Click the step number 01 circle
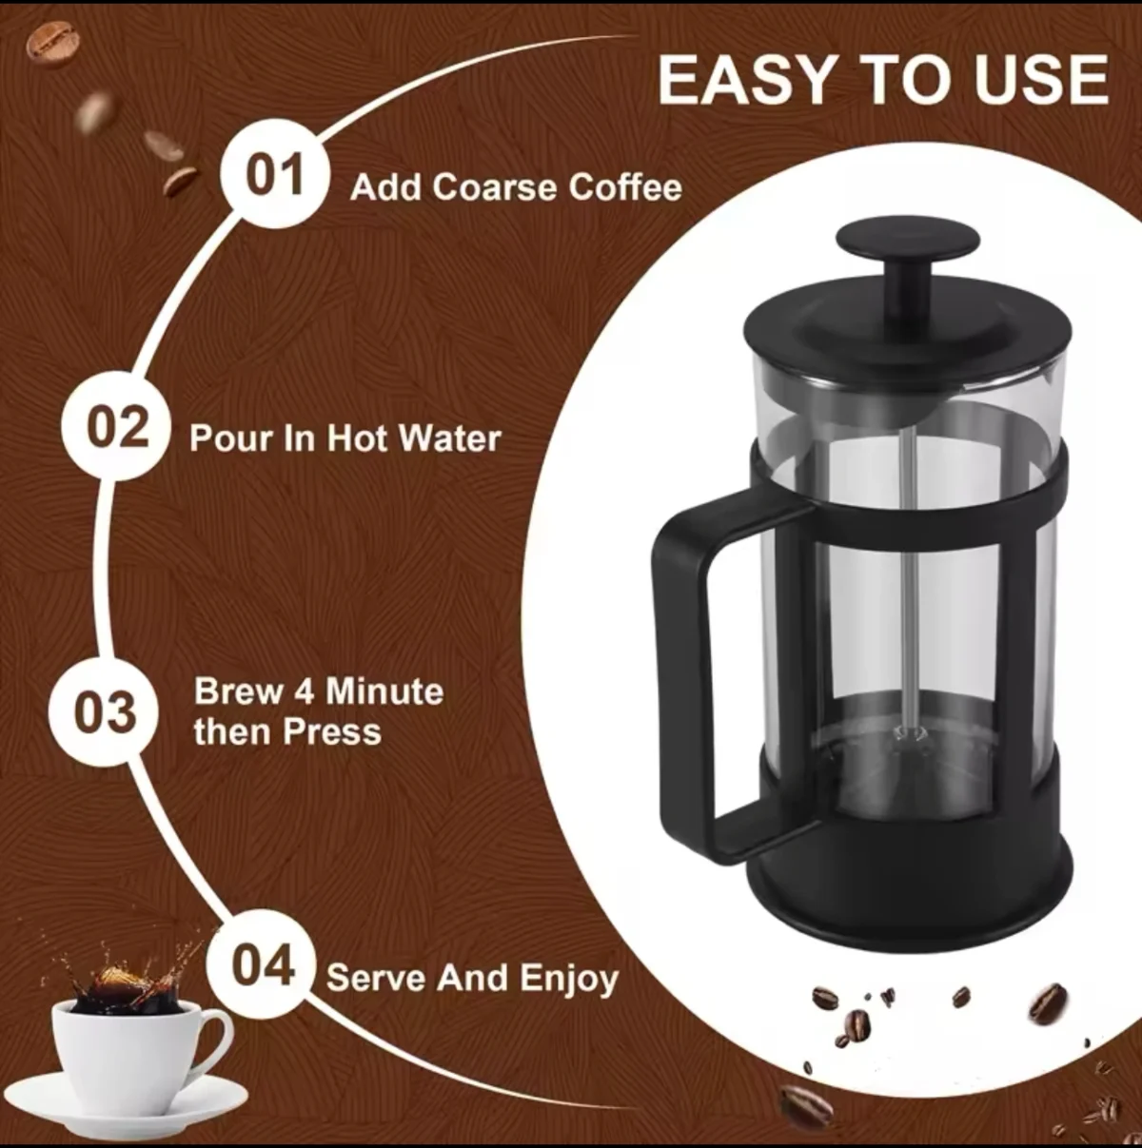(x=275, y=174)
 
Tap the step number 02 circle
(x=117, y=426)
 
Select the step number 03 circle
(x=104, y=712)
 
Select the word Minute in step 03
(x=384, y=691)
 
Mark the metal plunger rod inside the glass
(x=908, y=578)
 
